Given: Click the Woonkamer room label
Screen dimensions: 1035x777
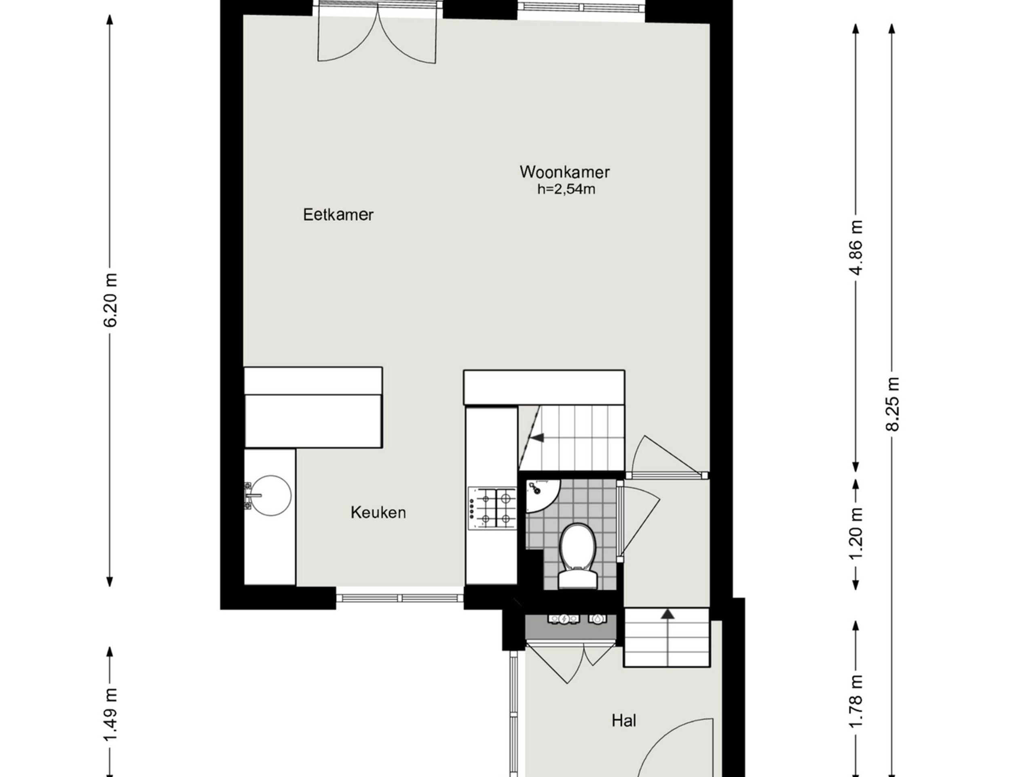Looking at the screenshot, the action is tap(564, 172).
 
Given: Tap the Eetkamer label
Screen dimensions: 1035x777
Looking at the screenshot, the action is tap(338, 215).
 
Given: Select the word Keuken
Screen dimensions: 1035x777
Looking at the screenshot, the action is tap(378, 512).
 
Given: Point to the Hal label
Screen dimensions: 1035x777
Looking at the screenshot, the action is tap(624, 720).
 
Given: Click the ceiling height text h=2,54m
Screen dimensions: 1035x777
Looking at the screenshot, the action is tap(566, 189).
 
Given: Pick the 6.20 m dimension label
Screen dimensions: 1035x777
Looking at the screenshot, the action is tap(111, 300).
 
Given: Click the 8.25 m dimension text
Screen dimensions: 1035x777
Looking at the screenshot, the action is tap(893, 404).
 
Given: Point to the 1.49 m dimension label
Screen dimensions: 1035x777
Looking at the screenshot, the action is tap(111, 715).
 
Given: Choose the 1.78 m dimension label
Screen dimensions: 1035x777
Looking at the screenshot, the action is tap(856, 701).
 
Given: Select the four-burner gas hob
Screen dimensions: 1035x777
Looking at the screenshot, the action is tap(492, 507).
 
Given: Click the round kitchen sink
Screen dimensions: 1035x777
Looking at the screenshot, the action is tap(270, 495).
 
